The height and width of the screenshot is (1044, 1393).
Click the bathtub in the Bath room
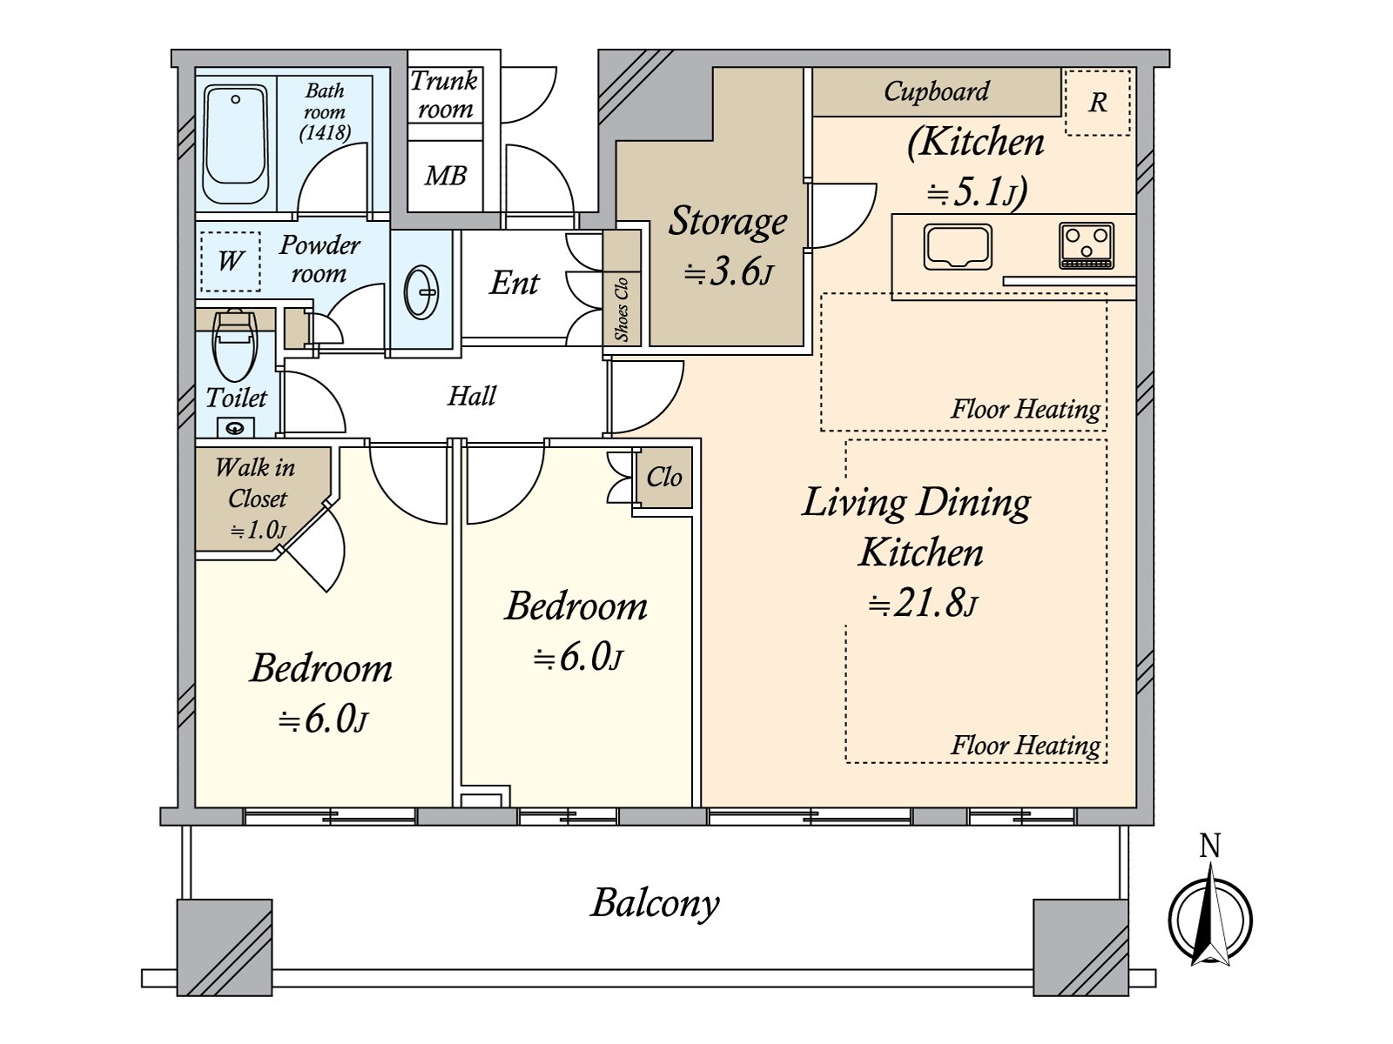pyautogui.click(x=236, y=144)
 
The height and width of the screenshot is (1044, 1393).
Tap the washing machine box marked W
pyautogui.click(x=231, y=261)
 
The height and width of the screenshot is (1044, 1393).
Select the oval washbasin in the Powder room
pyautogui.click(x=422, y=291)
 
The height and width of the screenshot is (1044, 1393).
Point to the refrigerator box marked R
pyautogui.click(x=1098, y=103)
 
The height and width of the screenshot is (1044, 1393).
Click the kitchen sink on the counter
pyautogui.click(x=958, y=246)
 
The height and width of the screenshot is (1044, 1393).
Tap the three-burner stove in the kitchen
pyautogui.click(x=1086, y=245)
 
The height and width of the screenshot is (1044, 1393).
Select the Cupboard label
pyautogui.click(x=936, y=91)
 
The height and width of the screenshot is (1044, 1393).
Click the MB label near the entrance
pyautogui.click(x=445, y=177)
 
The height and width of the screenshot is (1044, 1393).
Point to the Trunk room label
pyautogui.click(x=444, y=95)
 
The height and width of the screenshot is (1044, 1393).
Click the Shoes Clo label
pyautogui.click(x=622, y=309)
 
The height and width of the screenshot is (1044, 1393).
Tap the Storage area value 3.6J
pyautogui.click(x=728, y=272)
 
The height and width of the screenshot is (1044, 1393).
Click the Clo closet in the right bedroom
pyautogui.click(x=664, y=477)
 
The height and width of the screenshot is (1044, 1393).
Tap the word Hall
pyautogui.click(x=471, y=397)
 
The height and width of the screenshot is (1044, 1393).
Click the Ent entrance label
pyautogui.click(x=514, y=284)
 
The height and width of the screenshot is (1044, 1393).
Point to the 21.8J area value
pyautogui.click(x=922, y=603)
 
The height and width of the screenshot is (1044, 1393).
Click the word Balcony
pyautogui.click(x=655, y=903)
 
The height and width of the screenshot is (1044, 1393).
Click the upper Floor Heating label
pyautogui.click(x=1025, y=409)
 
